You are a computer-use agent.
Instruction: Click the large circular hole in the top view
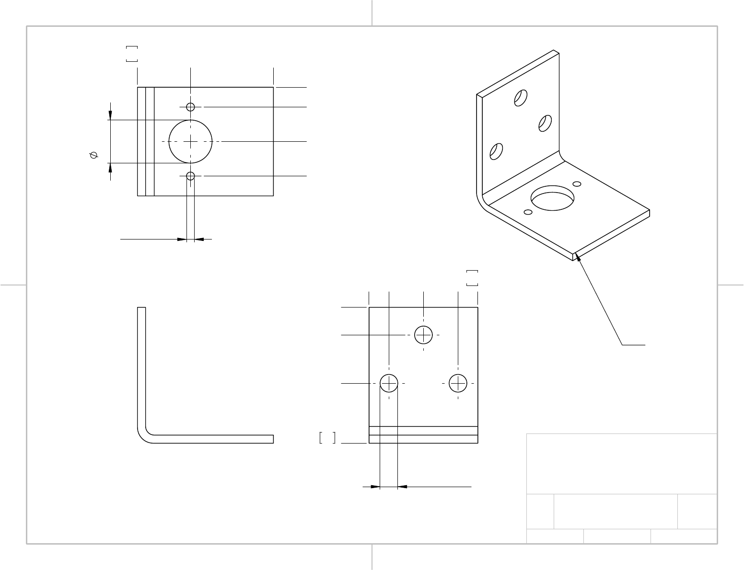pos(190,142)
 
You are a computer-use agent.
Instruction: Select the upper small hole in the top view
pos(190,107)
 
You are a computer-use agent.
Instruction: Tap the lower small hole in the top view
pos(190,176)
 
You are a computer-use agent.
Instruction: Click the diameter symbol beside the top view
pos(93,155)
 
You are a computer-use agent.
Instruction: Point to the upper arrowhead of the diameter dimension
pos(110,115)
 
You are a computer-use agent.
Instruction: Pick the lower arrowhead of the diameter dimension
pos(110,168)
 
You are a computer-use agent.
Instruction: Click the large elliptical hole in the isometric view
pos(553,198)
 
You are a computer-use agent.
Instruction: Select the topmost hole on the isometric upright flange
pos(521,97)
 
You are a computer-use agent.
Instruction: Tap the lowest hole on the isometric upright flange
pos(496,151)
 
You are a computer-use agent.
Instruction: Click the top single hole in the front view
pos(423,335)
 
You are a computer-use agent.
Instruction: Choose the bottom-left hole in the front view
pos(389,383)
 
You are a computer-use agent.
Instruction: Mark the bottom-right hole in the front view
pos(458,383)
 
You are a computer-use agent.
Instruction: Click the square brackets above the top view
pos(131,54)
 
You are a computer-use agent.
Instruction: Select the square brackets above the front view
pos(472,278)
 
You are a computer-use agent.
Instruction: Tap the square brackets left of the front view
pos(327,438)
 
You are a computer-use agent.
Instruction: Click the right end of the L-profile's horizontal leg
pos(272,439)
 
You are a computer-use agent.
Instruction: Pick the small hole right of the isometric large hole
pos(577,184)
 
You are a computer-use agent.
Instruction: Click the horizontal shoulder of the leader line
pos(633,344)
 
